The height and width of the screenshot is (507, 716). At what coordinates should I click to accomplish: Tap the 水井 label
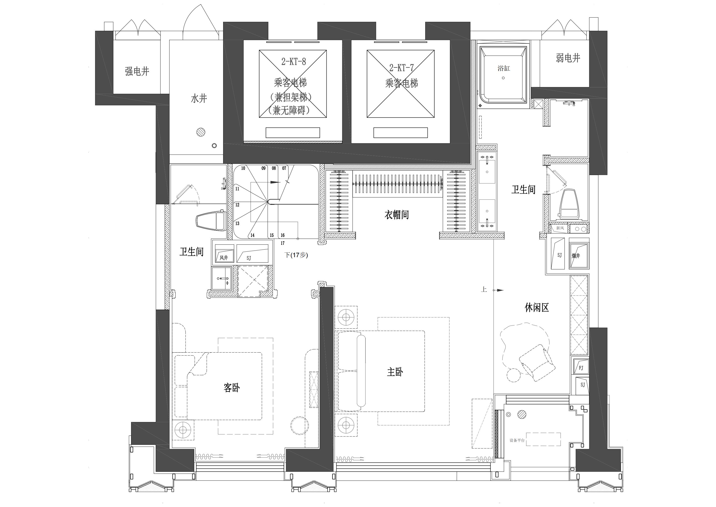click(199, 99)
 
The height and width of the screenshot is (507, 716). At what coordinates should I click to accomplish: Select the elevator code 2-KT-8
click(293, 62)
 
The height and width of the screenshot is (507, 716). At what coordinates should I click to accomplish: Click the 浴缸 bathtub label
click(504, 68)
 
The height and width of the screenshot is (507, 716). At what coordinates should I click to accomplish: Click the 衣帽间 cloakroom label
click(396, 215)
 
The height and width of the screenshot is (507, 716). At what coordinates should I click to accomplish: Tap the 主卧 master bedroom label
click(395, 372)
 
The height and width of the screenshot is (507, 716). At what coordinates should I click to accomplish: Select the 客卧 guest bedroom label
click(232, 388)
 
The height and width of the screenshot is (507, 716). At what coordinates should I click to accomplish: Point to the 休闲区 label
click(537, 308)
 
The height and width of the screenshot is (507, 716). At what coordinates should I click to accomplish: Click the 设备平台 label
click(517, 441)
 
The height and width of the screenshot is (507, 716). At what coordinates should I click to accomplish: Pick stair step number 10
click(243, 168)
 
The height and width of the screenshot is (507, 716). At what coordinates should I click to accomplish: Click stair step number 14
click(252, 235)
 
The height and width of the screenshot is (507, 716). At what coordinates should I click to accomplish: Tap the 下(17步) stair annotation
click(296, 255)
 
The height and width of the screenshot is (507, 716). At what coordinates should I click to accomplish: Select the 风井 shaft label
click(224, 258)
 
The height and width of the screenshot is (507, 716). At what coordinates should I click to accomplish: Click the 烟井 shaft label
click(576, 256)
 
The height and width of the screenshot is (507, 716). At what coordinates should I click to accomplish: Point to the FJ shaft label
click(581, 368)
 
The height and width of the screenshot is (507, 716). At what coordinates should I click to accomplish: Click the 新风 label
click(560, 228)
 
